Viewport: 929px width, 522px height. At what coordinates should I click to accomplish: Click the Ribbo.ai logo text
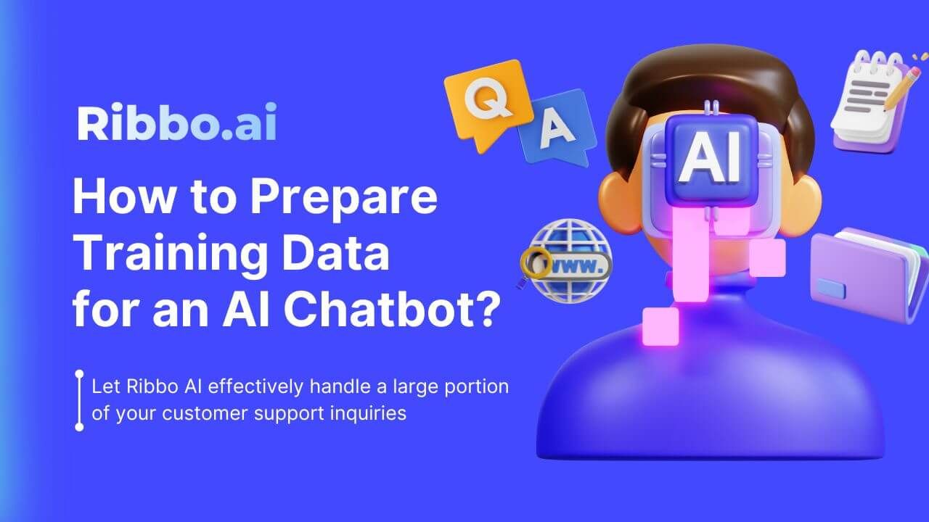176,123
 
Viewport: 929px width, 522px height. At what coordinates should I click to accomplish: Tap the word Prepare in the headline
346,197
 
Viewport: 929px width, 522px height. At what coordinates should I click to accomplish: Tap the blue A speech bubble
558,127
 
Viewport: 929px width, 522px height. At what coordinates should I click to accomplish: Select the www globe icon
569,261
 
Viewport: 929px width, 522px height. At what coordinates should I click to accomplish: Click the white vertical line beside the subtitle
79,401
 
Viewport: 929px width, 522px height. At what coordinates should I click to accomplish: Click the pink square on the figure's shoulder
660,326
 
